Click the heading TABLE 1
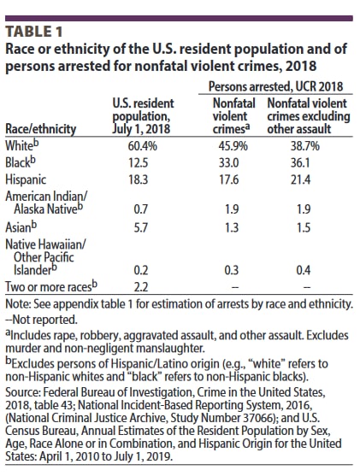pos(34,32)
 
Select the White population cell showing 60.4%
pos(142,146)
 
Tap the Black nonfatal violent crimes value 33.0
pos(229,163)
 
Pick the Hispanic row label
pos(26,179)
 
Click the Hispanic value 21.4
pos(300,179)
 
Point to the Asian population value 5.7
pos(141,227)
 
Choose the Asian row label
pos(21,226)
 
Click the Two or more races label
pos(51,286)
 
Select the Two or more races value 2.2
pos(141,287)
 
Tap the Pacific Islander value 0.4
pos(304,270)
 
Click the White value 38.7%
pos(305,146)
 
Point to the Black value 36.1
pos(300,163)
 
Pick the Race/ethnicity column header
pos(41,129)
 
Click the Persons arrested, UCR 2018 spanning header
pos(275,86)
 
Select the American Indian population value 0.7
pos(141,209)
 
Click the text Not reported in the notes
pos(45,320)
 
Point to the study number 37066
pos(256,418)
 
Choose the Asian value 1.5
pos(304,227)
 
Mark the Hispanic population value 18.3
pos(138,179)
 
